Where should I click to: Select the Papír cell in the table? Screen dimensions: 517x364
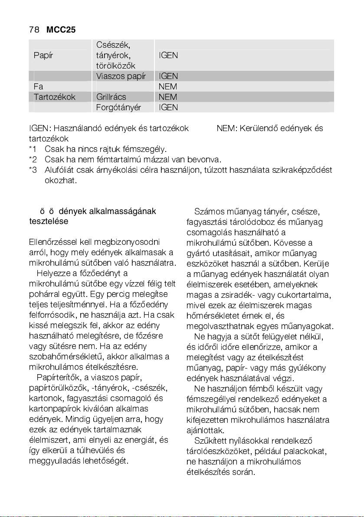43,56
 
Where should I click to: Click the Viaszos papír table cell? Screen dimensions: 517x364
121,76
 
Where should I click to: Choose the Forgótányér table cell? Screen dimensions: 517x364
118,107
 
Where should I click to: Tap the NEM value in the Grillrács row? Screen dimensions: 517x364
168,97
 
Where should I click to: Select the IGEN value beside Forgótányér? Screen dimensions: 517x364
168,107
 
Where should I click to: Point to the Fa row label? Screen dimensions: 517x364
38,87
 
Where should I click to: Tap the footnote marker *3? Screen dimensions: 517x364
33,170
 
